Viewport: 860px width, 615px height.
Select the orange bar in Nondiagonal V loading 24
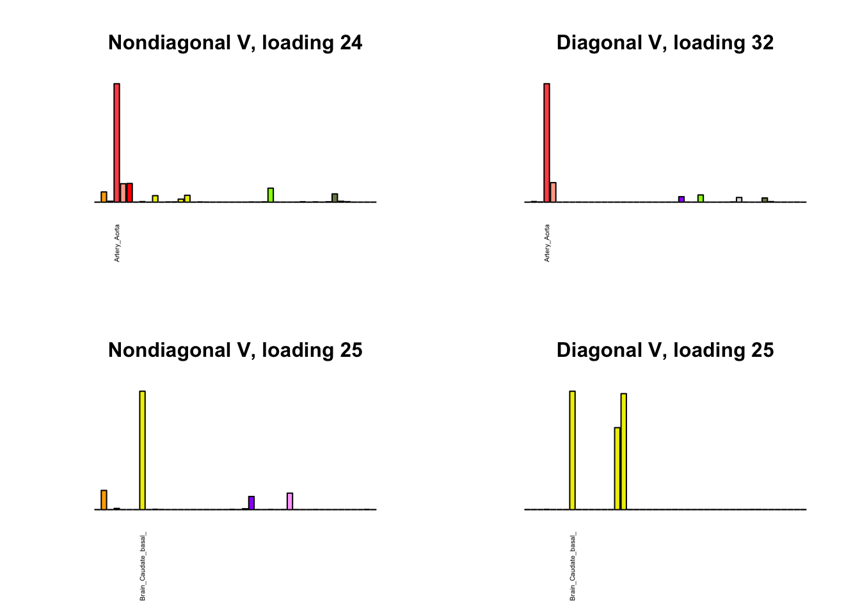click(x=104, y=197)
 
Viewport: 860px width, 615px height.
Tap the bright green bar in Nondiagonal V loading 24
click(x=271, y=195)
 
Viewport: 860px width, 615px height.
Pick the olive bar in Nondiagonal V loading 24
click(x=335, y=197)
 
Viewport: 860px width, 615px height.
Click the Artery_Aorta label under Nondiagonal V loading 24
click(x=117, y=243)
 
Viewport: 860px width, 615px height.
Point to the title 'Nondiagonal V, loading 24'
click(x=235, y=43)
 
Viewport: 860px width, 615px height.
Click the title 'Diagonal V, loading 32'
click(x=665, y=43)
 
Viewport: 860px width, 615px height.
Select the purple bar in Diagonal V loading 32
click(x=681, y=199)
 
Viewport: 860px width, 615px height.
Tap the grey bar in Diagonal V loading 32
click(x=739, y=199)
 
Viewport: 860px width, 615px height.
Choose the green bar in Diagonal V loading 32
click(x=701, y=198)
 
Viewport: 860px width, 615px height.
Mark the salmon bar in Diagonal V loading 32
click(x=553, y=192)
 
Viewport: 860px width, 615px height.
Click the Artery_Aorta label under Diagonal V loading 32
click(x=547, y=243)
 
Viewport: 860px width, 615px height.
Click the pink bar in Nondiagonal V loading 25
click(x=290, y=501)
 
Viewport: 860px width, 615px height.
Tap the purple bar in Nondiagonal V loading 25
click(x=251, y=503)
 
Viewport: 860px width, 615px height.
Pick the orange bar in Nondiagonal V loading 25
click(x=104, y=500)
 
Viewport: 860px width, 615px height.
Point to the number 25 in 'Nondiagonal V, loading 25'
click(x=351, y=350)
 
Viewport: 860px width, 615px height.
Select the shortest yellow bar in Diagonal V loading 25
click(x=617, y=468)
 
